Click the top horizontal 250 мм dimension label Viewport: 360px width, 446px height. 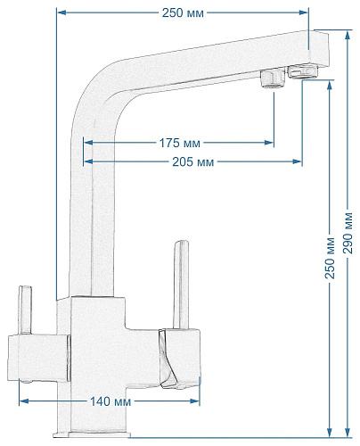[183, 12]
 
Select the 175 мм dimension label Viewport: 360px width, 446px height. [180, 143]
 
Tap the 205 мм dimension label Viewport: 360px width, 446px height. [193, 162]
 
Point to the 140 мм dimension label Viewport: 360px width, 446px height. [110, 401]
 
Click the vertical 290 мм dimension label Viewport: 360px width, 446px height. [348, 234]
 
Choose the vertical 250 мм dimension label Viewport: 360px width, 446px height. [330, 258]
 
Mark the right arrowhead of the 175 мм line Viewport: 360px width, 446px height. [269, 143]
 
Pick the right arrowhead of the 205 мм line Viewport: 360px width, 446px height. [298, 161]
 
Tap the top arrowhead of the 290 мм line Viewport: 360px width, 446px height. [348, 35]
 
